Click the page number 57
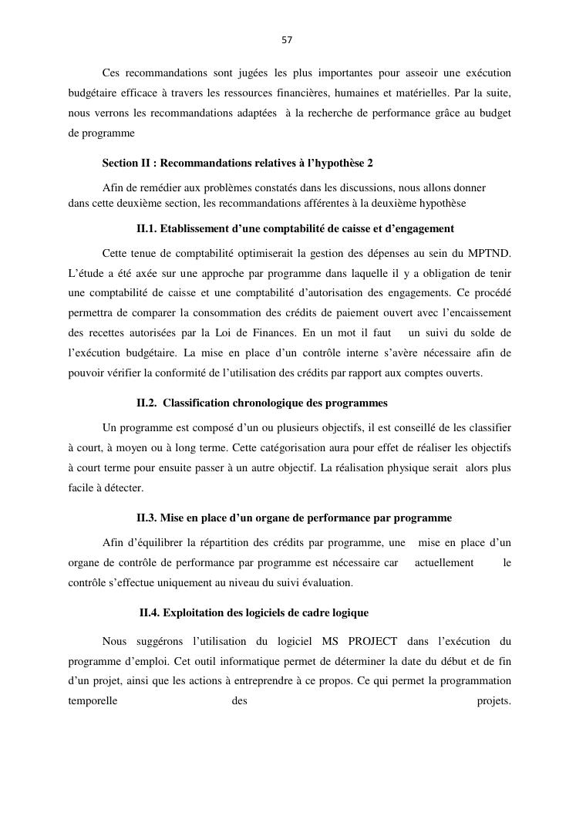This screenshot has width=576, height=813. click(x=287, y=40)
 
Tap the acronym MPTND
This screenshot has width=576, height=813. click(x=489, y=253)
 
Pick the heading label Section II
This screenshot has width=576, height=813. click(x=127, y=163)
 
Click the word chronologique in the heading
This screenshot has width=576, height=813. click(x=271, y=403)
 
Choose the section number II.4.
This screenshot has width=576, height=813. click(x=150, y=612)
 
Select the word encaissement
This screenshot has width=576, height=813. click(x=473, y=312)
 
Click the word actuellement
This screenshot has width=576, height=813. click(x=444, y=562)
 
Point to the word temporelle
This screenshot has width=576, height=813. click(x=93, y=701)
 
